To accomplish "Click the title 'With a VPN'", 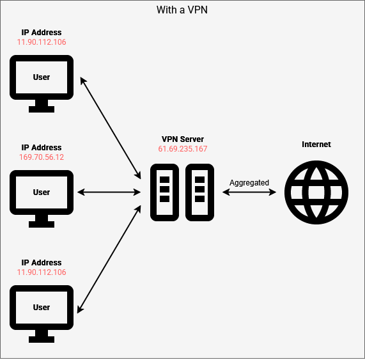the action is tap(182, 10).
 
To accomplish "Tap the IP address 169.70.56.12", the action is tap(42, 157).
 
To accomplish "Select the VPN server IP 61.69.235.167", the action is tap(183, 149).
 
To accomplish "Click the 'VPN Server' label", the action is tap(183, 139).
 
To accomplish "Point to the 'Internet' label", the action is tap(316, 145).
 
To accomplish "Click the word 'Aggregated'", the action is tap(249, 183).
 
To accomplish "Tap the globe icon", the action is tap(316, 192).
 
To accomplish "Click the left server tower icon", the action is tap(164, 192).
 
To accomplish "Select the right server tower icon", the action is tap(199, 192).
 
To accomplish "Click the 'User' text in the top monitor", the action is tap(42, 77).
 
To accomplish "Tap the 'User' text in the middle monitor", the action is tap(42, 192).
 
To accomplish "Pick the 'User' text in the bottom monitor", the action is tap(42, 308).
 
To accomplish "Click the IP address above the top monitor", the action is tap(42, 42).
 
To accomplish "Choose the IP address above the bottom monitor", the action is tap(42, 272).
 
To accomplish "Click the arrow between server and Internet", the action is tap(249, 192).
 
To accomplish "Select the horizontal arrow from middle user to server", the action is tap(109, 192).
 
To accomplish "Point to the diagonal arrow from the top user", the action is tap(111, 128).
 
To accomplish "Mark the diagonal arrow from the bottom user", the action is tap(109, 259).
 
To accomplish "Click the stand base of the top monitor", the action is tap(42, 109).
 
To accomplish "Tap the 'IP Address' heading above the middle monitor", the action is tap(42, 148).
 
